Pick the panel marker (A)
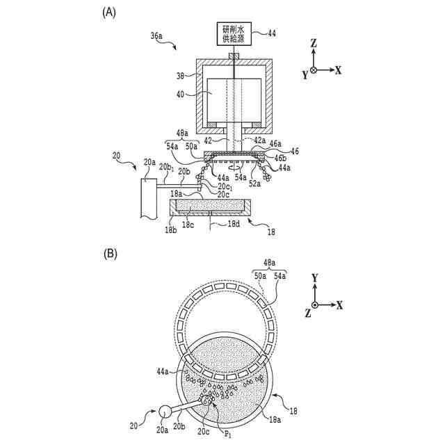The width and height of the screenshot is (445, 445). point(108,12)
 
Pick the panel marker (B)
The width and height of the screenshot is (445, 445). point(110,254)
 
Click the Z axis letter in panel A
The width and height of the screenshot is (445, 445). point(314,44)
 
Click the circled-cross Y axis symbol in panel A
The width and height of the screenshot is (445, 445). point(314,70)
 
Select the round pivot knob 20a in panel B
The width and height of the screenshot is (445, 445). point(166,412)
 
